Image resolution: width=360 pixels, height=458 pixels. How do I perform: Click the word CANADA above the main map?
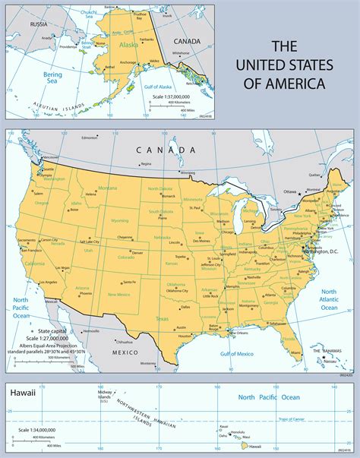coord(155,150)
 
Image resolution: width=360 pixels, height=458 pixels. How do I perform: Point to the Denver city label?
coord(137,253)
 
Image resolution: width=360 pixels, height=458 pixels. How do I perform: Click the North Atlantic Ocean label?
coord(328,299)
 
